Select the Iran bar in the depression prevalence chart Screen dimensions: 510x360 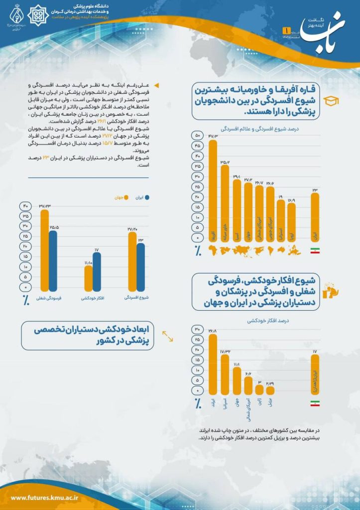(x=315, y=217)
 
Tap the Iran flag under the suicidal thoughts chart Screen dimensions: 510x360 (x=315, y=403)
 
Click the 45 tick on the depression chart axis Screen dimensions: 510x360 (x=198, y=145)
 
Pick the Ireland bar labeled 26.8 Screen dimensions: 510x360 (x=213, y=365)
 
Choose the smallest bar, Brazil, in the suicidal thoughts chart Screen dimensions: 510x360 (x=270, y=390)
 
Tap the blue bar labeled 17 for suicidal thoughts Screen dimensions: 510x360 (x=97, y=272)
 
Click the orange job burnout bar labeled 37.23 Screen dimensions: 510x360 (x=45, y=251)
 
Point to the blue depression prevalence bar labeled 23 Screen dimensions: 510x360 (x=140, y=267)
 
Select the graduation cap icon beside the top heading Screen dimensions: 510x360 (x=331, y=101)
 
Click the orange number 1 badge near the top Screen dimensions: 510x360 (x=286, y=31)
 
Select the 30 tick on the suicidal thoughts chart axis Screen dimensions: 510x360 (x=198, y=330)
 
